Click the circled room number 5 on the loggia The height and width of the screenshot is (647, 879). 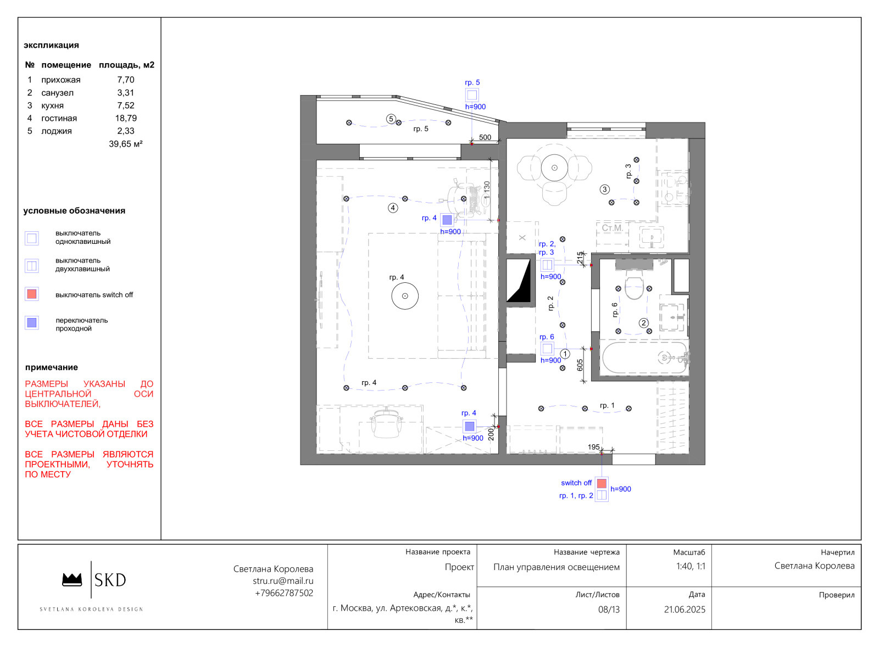tap(391, 119)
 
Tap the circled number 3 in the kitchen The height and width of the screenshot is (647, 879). tap(605, 189)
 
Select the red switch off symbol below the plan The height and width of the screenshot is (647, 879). tap(602, 483)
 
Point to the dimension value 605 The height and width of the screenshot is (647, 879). tap(580, 365)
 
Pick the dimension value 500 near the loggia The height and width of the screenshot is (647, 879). tap(485, 137)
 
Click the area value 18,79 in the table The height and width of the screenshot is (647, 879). tap(126, 118)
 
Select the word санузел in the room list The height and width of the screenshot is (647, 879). tap(57, 93)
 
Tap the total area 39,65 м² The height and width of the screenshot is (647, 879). tap(126, 144)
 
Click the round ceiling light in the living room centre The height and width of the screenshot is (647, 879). tap(405, 296)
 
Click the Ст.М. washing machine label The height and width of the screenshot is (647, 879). tap(612, 228)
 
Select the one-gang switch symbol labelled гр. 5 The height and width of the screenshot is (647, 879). tap(472, 95)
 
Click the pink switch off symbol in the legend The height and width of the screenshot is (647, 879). tap(32, 294)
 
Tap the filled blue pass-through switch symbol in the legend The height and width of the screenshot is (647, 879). tap(32, 322)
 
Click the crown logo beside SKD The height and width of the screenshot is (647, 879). tap(72, 579)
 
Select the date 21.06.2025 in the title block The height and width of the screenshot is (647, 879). tap(685, 610)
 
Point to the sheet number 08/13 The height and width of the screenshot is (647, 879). tap(609, 610)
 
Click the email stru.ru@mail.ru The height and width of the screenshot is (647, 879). tap(283, 581)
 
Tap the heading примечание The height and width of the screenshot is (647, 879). tap(52, 367)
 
